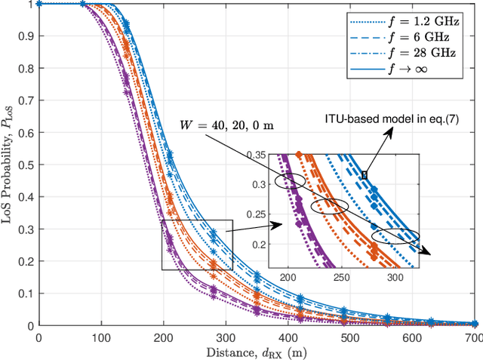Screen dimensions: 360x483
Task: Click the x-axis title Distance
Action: (x=257, y=351)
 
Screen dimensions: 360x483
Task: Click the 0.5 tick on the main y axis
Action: (x=24, y=165)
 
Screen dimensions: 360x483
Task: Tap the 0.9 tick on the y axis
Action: (x=24, y=35)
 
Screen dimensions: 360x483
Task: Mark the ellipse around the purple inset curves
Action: (x=291, y=181)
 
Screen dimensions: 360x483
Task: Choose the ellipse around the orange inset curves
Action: (x=332, y=206)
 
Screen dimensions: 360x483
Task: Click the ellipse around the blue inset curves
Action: (x=395, y=237)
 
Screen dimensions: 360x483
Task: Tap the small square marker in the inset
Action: (x=364, y=175)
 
